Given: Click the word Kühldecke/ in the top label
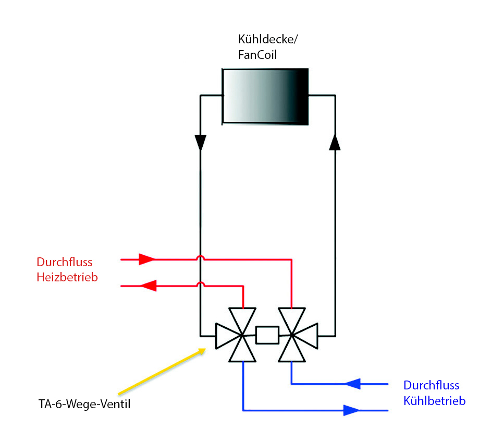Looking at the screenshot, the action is tap(268, 40).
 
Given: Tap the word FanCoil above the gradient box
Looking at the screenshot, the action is tap(257, 55).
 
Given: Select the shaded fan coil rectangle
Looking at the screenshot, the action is tap(265, 97).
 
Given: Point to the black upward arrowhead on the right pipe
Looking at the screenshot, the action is tap(335, 143).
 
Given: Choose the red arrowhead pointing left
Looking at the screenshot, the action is tap(149, 286).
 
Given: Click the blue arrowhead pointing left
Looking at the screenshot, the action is tap(353, 384).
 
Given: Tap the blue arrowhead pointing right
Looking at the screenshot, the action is tap(351, 410).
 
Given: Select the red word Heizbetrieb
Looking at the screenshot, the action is tap(67, 277).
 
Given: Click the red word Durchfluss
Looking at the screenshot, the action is tap(65, 262).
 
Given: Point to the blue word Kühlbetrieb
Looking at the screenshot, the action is tap(434, 401).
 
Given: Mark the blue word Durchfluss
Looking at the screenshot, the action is tap(432, 385).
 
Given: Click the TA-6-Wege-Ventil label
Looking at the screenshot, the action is tap(84, 404).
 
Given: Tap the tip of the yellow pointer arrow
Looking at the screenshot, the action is tap(205, 349).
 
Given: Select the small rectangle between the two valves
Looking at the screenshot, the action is tap(267, 335).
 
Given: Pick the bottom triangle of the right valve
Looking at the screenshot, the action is tap(292, 351).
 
